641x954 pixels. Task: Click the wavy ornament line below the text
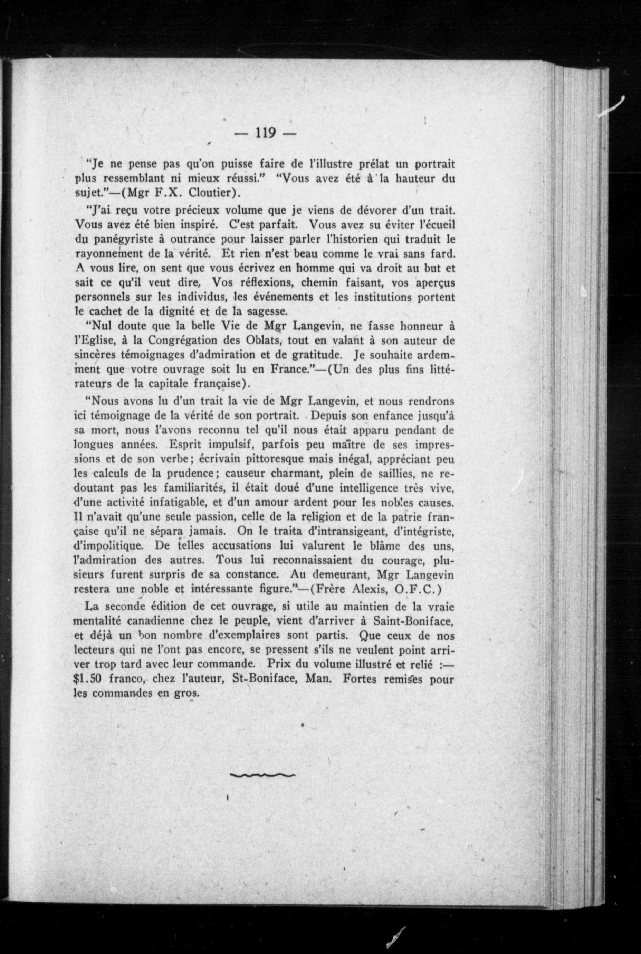click(x=262, y=774)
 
